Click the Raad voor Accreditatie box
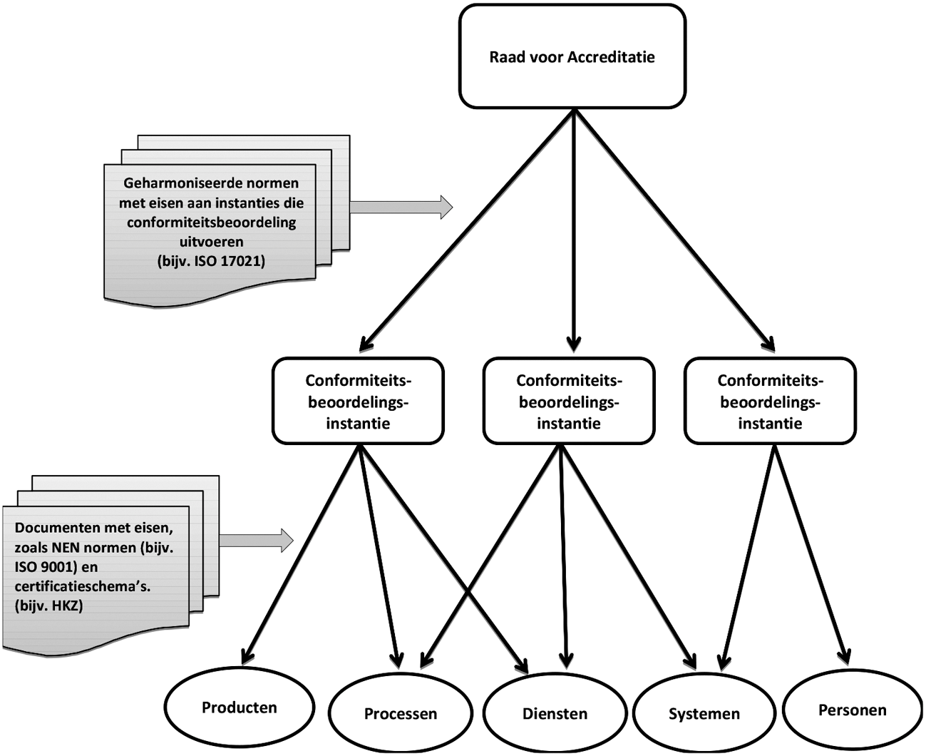pyautogui.click(x=572, y=57)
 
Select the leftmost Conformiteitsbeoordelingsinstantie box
pyautogui.click(x=358, y=402)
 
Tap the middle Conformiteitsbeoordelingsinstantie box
pyautogui.click(x=568, y=402)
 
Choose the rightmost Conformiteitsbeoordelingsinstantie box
pyautogui.click(x=769, y=402)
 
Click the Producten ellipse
pyautogui.click(x=240, y=708)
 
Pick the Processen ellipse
pyautogui.click(x=401, y=713)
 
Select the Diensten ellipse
pyautogui.click(x=555, y=713)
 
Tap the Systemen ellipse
pyautogui.click(x=704, y=713)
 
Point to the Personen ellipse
pyautogui.click(x=852, y=710)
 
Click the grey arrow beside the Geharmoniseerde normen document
pyautogui.click(x=401, y=207)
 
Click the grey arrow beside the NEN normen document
pyautogui.click(x=256, y=540)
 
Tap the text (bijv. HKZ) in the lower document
pyautogui.click(x=48, y=606)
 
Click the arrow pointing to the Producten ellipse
pyautogui.click(x=299, y=553)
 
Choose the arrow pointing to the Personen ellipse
pyautogui.click(x=811, y=553)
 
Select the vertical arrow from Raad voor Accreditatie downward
pyautogui.click(x=574, y=228)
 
